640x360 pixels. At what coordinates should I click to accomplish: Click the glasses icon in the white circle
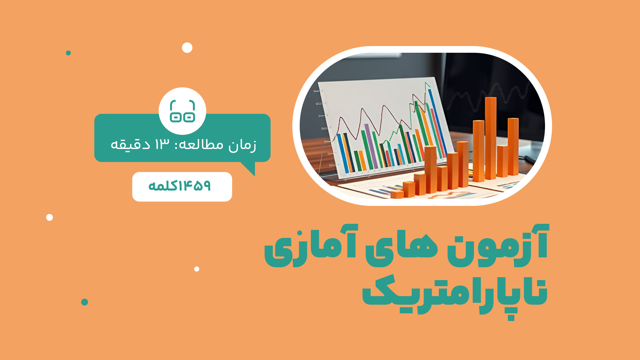point(182,111)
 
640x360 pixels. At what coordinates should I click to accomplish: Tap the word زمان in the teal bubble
point(242,145)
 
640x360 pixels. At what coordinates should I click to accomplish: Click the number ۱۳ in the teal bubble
point(162,144)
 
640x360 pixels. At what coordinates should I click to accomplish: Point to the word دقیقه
point(130,145)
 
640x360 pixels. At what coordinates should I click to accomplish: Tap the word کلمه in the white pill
point(163,185)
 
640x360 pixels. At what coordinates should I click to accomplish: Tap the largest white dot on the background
point(187,48)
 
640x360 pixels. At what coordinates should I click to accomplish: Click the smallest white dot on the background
point(197,269)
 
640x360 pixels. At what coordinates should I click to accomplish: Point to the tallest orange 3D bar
point(490,138)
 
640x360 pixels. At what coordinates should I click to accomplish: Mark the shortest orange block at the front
point(397,194)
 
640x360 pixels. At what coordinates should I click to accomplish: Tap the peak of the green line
point(426,83)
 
